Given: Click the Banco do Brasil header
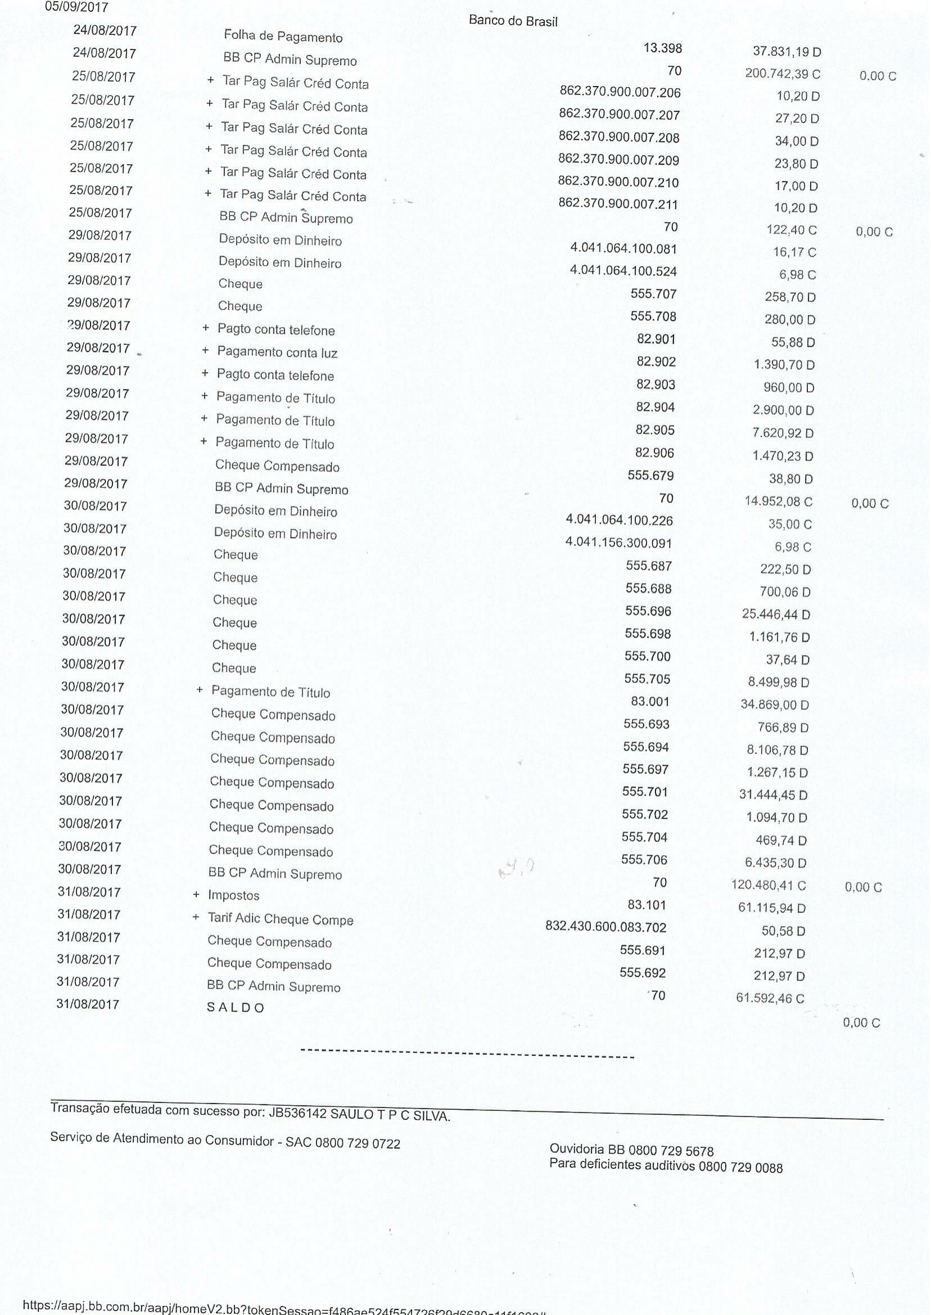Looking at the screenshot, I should [513, 21].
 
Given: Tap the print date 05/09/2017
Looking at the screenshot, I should [77, 7].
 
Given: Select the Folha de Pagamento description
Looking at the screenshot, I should [283, 37].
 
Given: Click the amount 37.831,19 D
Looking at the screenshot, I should [787, 52].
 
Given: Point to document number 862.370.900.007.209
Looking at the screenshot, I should [618, 160].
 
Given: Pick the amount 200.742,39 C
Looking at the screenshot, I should [783, 74].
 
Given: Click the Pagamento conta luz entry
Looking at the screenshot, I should [277, 352].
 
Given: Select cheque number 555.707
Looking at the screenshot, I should [653, 294].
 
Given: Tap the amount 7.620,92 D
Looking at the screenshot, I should [783, 433].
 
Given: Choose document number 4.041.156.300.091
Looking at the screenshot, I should [618, 543].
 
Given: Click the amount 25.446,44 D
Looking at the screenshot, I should [776, 614].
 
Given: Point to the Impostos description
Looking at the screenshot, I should [233, 896].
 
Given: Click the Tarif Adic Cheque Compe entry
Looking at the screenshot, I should [281, 919].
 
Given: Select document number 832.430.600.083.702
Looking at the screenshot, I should [606, 927].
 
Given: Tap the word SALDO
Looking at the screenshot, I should [235, 1007].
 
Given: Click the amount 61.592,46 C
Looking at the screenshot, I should [770, 998].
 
